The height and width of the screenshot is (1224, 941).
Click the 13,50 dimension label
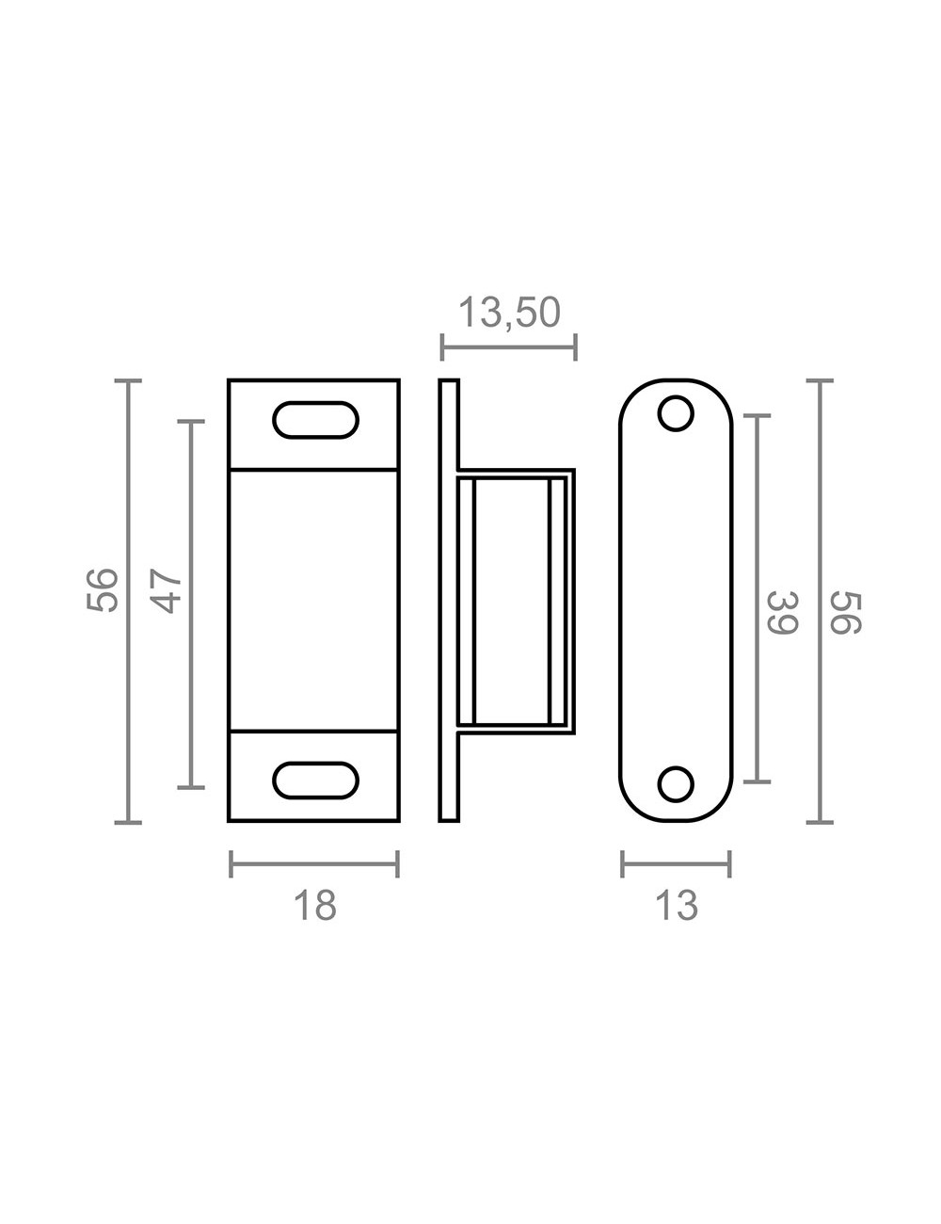510,313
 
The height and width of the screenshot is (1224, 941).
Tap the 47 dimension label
167,591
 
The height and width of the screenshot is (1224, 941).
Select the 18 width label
314,905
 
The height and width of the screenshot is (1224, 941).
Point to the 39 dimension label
783,612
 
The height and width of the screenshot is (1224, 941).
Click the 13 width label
677,905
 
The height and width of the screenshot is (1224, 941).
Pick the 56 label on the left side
102,589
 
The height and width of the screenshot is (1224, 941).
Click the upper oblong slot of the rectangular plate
316,420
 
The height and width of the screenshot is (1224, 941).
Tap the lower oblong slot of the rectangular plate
316,781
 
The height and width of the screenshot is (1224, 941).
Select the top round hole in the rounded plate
676,414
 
